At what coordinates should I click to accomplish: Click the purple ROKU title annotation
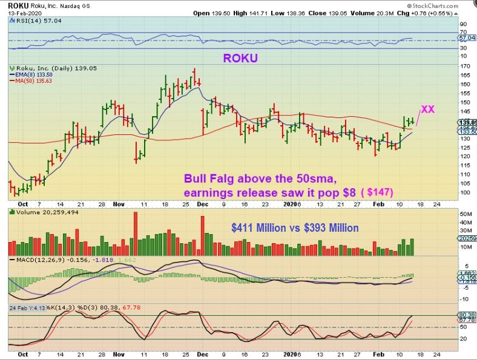pos(240,59)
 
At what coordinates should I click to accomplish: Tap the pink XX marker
pos(428,110)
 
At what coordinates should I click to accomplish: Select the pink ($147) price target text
pos(378,192)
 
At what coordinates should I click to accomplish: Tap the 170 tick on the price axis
pos(465,66)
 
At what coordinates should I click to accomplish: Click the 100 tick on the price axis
pos(465,192)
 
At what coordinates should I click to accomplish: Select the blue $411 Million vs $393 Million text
pos(295,227)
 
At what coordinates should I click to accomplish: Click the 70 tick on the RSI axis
pos(463,32)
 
